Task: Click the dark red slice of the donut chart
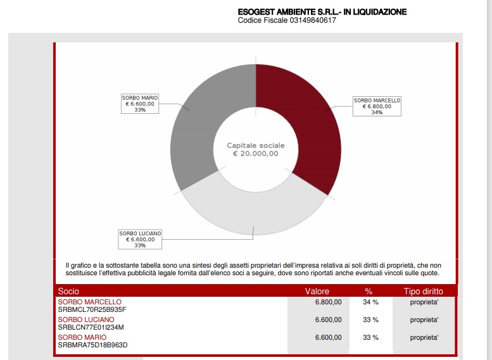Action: (x=304, y=127)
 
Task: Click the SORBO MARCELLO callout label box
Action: (x=377, y=106)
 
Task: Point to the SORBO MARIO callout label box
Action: (x=140, y=104)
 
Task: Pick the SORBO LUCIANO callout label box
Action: (x=140, y=239)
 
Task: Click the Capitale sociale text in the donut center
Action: (x=256, y=146)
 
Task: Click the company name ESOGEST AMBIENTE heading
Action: (x=322, y=11)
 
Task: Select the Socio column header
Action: (x=68, y=291)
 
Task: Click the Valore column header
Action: (x=317, y=291)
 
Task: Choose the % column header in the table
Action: (x=369, y=291)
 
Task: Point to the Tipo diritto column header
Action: (x=423, y=291)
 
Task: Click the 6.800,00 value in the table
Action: (x=328, y=302)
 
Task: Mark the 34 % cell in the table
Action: (x=370, y=302)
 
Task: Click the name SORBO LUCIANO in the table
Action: (x=86, y=320)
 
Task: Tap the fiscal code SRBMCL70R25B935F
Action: (x=92, y=310)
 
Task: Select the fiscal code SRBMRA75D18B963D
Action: (x=92, y=345)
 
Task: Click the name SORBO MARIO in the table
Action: (x=82, y=337)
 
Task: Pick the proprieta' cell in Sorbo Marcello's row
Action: (x=424, y=302)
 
